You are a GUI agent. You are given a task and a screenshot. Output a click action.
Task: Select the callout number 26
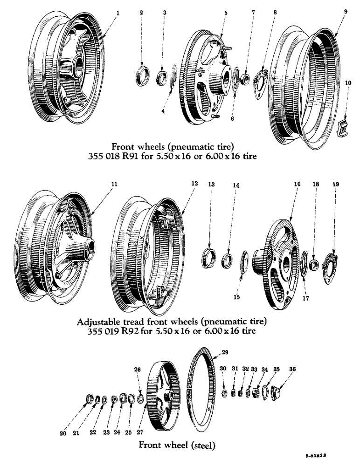pos(137,370)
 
